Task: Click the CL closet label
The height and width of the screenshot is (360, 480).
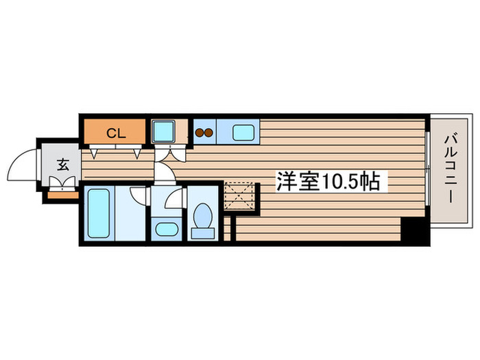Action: click(x=116, y=133)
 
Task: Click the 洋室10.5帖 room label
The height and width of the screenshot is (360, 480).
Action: click(x=328, y=181)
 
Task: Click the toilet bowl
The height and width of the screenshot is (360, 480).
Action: click(x=203, y=219)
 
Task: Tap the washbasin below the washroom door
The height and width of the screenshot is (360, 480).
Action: click(x=165, y=228)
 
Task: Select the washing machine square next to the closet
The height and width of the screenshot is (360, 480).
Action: click(x=164, y=131)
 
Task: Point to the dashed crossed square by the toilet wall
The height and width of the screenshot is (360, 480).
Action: click(x=240, y=195)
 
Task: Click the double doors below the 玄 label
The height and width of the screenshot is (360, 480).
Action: click(x=62, y=182)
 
